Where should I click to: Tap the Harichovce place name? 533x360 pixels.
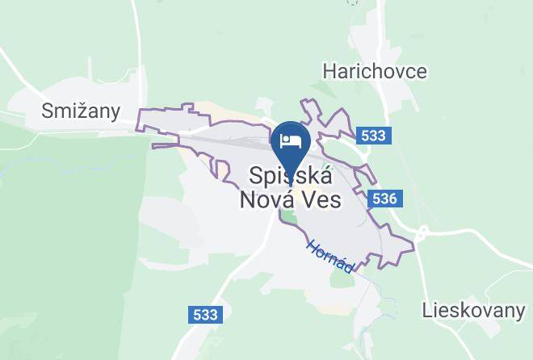pos(374,71)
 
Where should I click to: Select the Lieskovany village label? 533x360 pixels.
pos(473,309)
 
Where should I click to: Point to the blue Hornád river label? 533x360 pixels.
pos(330,255)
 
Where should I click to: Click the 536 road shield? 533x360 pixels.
pos(385,199)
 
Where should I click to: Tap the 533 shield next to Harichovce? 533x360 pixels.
pos(373,136)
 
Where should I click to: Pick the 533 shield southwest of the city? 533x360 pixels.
pos(206,315)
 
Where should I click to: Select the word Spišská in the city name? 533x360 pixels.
pos(290,174)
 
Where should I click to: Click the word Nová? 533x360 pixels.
pos(266,199)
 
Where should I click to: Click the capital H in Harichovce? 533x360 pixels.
pos(329,71)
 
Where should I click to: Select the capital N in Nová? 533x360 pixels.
pos(249,199)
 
